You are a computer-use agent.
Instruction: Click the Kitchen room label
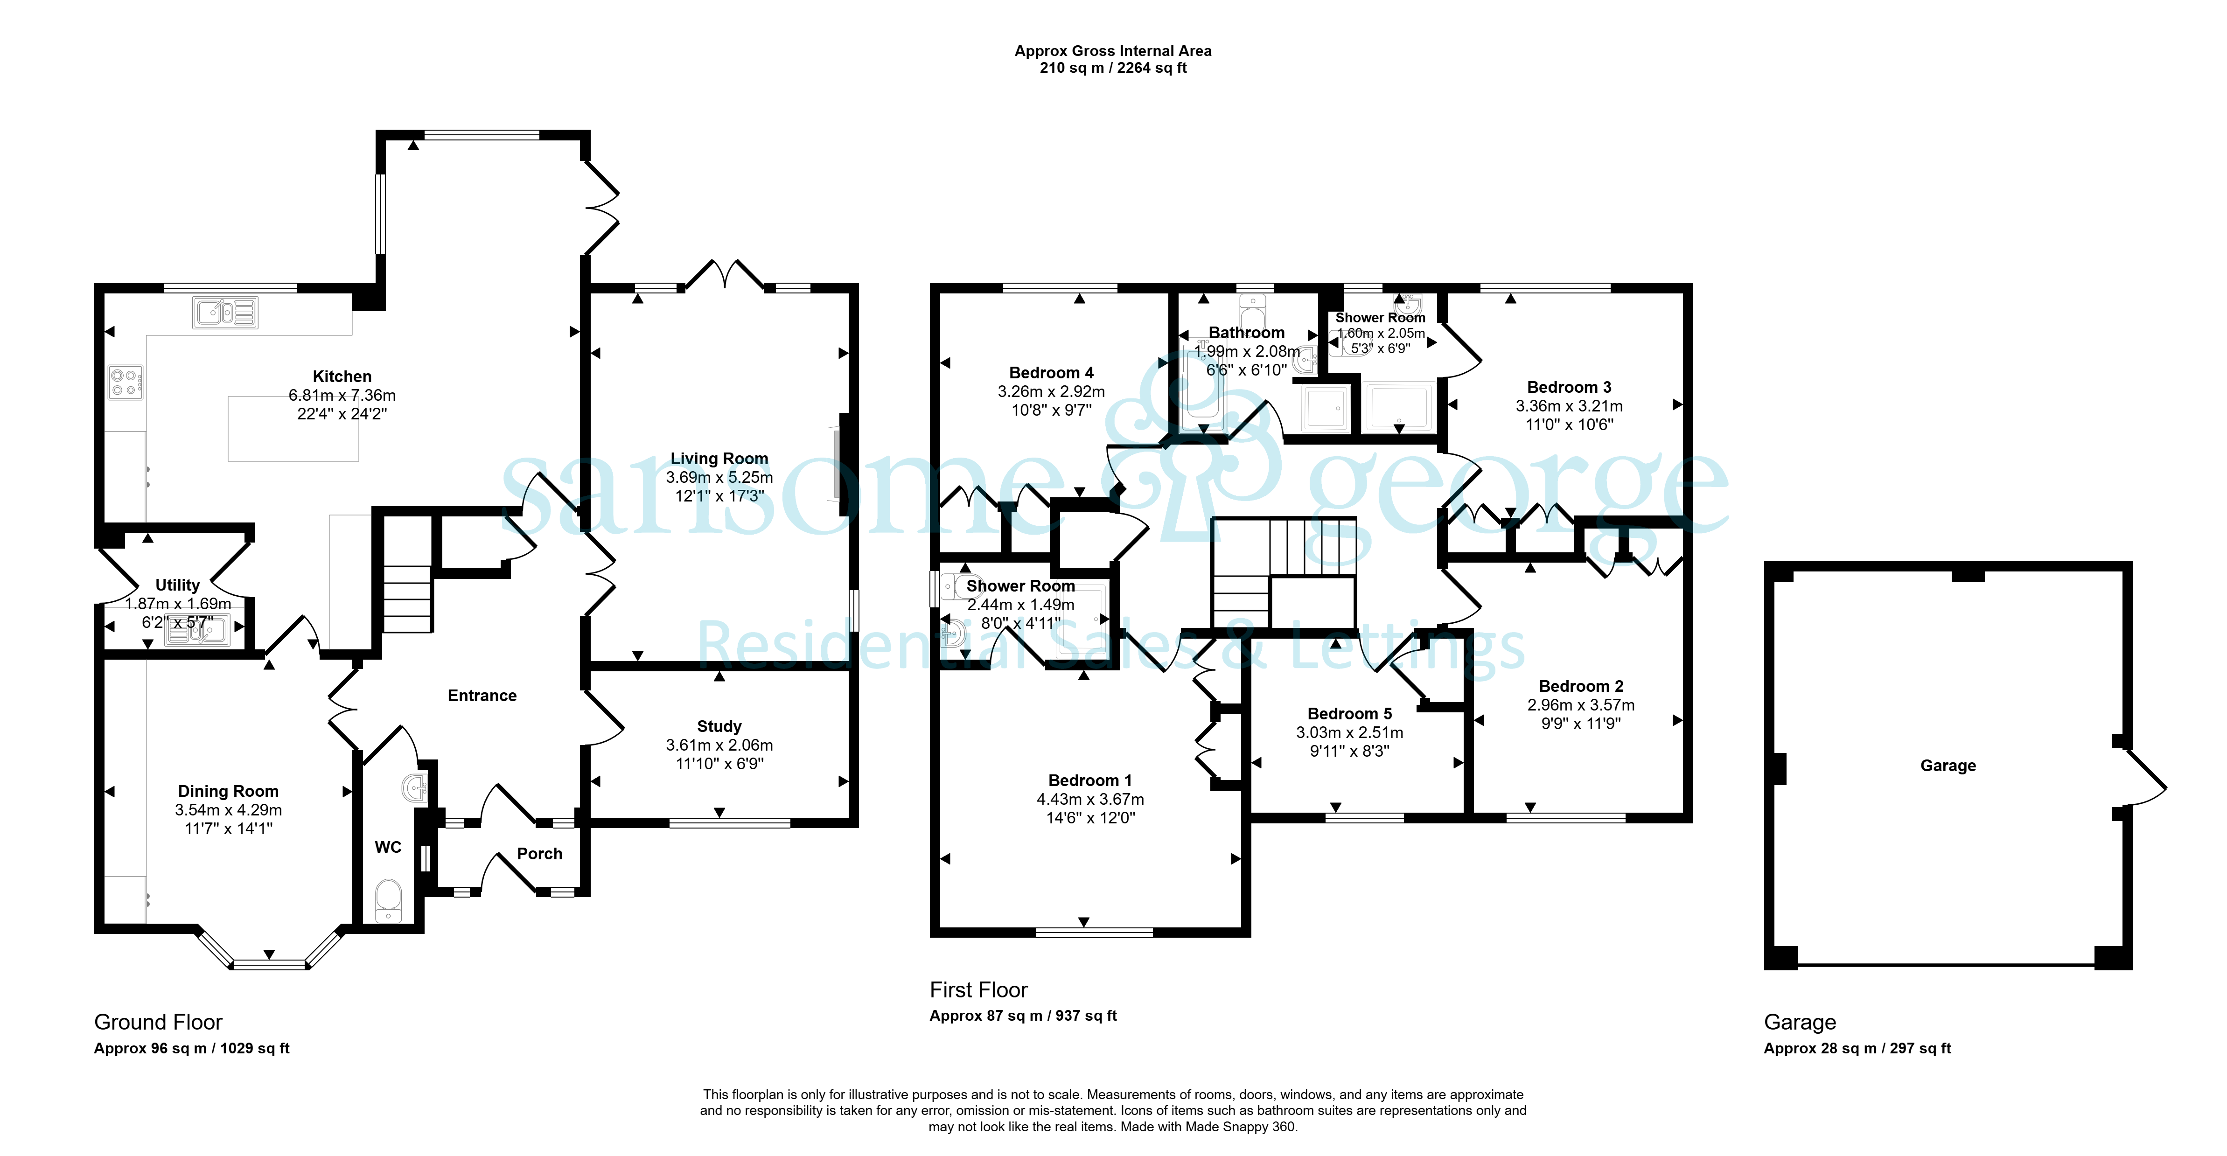tap(342, 376)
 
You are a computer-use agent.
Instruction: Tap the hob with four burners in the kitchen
tap(126, 382)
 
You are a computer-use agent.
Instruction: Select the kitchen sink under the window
tap(225, 312)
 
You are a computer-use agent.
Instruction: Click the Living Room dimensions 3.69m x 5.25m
tap(719, 477)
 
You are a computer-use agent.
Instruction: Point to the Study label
tap(719, 726)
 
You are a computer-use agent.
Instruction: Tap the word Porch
tap(539, 853)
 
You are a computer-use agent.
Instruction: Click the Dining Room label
tap(228, 791)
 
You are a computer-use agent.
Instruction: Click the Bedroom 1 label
tap(1090, 781)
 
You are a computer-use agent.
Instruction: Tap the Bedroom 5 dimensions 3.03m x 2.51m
tap(1349, 732)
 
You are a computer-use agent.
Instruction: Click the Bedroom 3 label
tap(1569, 387)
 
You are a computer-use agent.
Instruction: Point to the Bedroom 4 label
tap(1051, 373)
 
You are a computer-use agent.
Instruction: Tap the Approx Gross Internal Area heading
tap(1113, 51)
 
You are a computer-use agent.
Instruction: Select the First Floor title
tap(978, 990)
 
